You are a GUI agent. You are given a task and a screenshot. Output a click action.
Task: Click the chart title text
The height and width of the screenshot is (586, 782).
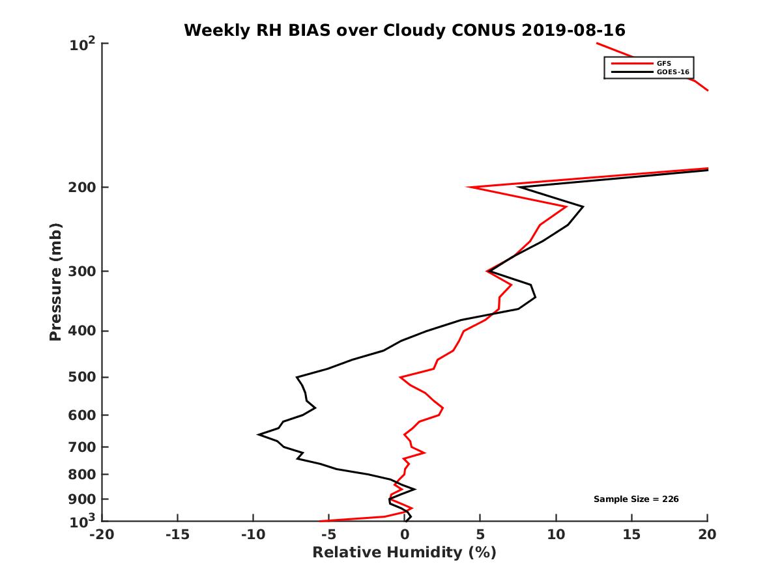click(405, 30)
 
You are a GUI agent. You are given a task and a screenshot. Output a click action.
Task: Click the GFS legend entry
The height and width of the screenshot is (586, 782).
click(664, 63)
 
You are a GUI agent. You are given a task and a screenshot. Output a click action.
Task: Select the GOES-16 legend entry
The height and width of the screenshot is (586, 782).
click(672, 72)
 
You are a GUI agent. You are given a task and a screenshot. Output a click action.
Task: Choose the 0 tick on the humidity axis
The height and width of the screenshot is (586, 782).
click(405, 535)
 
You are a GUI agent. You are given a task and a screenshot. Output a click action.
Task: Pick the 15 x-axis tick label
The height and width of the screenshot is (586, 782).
click(631, 535)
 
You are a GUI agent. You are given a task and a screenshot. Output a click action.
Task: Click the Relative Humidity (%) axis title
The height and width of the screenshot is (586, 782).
click(405, 553)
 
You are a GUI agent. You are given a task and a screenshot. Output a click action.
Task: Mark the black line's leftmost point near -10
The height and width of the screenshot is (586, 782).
click(259, 434)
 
